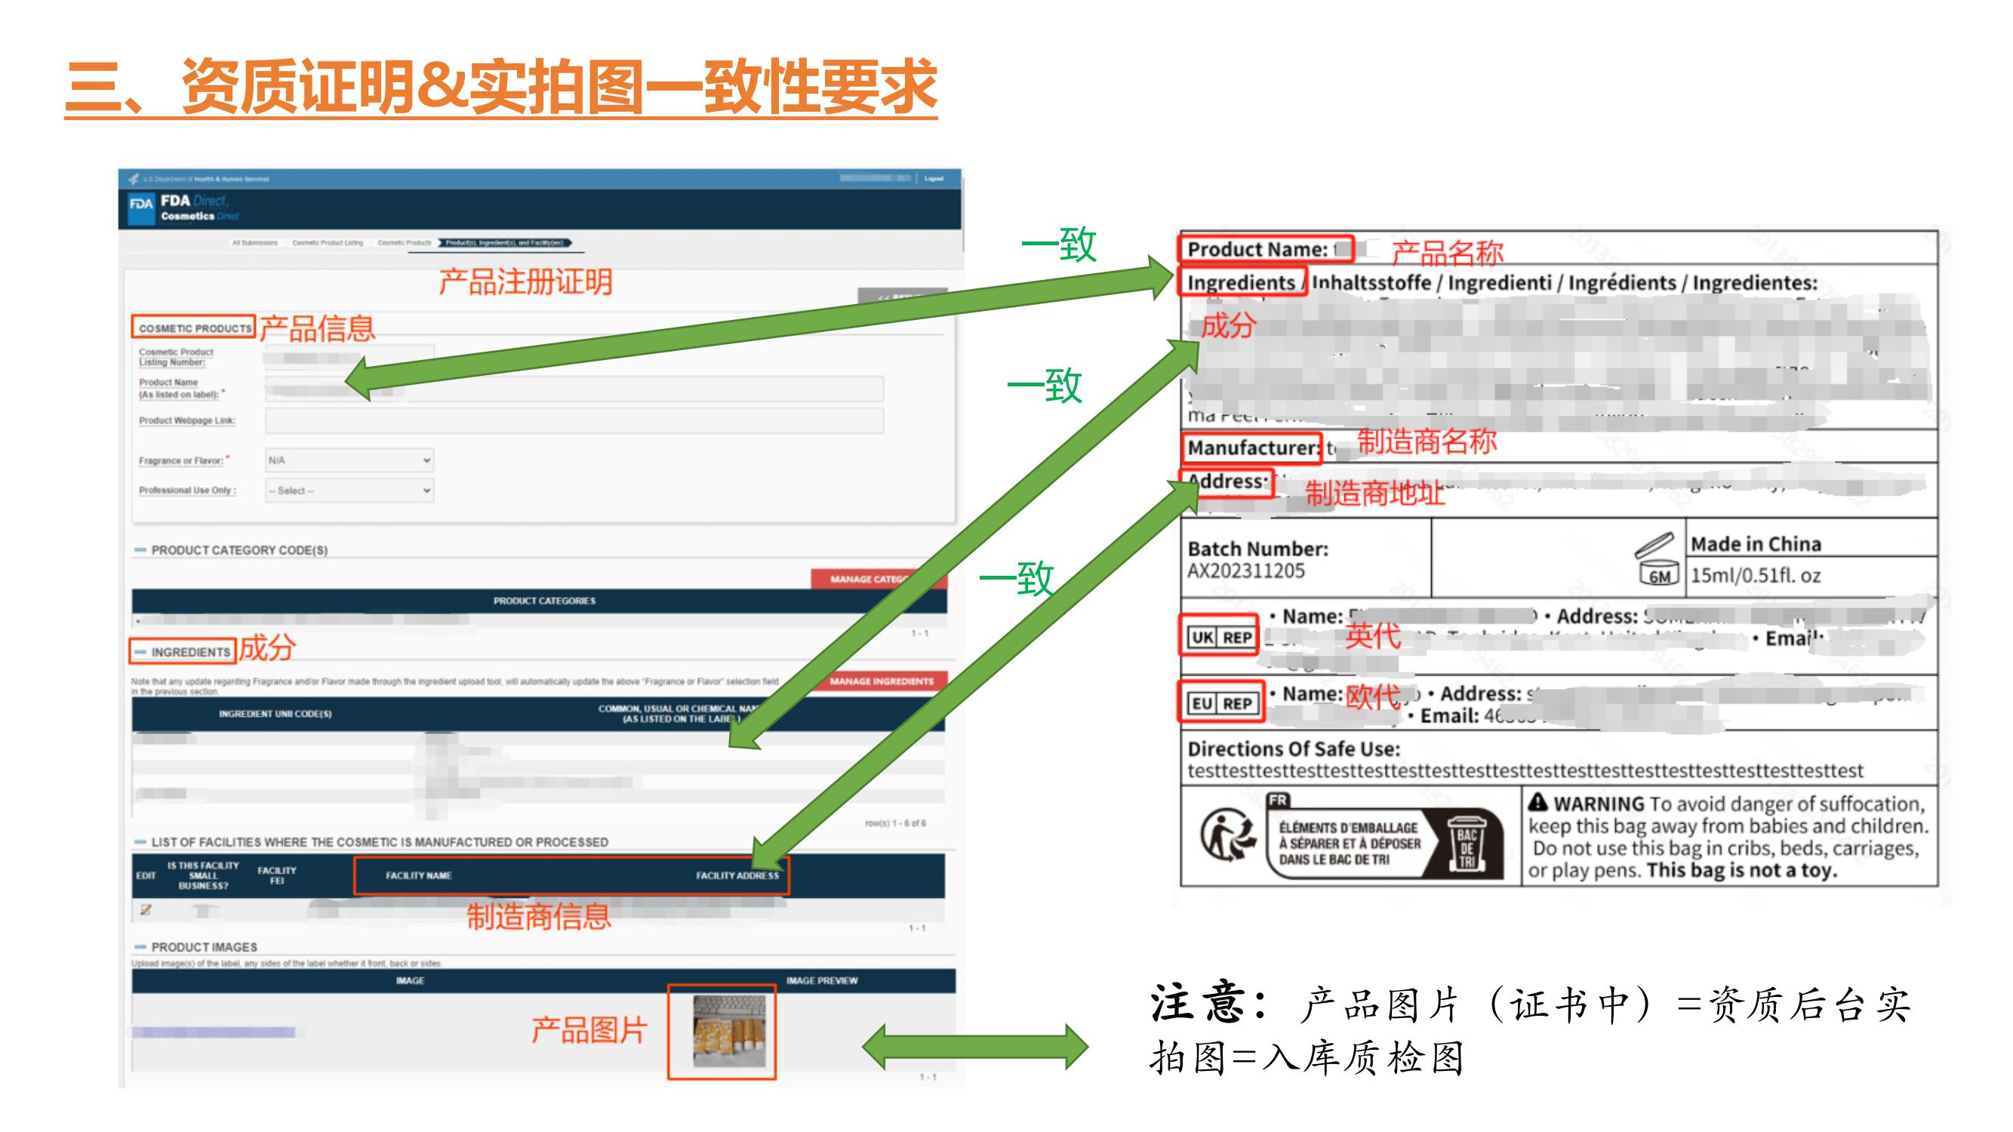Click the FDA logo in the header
[x=140, y=205]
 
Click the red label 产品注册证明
[x=525, y=282]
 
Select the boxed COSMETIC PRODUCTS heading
[x=194, y=328]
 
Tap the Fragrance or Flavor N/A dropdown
[x=349, y=460]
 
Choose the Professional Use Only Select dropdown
[x=349, y=491]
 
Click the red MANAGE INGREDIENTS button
[x=881, y=681]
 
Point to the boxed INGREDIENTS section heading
[x=183, y=651]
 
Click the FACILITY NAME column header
[x=418, y=875]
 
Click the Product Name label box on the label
[x=1264, y=249]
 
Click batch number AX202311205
[x=1245, y=571]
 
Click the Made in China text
[x=1755, y=543]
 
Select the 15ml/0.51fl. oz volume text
[x=1755, y=576]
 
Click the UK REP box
[x=1220, y=638]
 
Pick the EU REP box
[x=1220, y=703]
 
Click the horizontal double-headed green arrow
[x=974, y=1047]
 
